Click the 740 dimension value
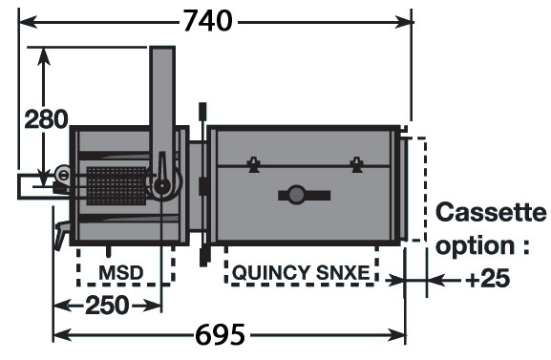[x=207, y=21]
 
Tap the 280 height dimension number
[x=46, y=118]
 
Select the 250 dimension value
[x=107, y=306]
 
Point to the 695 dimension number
[x=220, y=334]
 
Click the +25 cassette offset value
[x=487, y=279]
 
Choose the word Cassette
[x=491, y=212]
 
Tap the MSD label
[x=121, y=272]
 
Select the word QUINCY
[x=271, y=272]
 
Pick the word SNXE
[x=343, y=272]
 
